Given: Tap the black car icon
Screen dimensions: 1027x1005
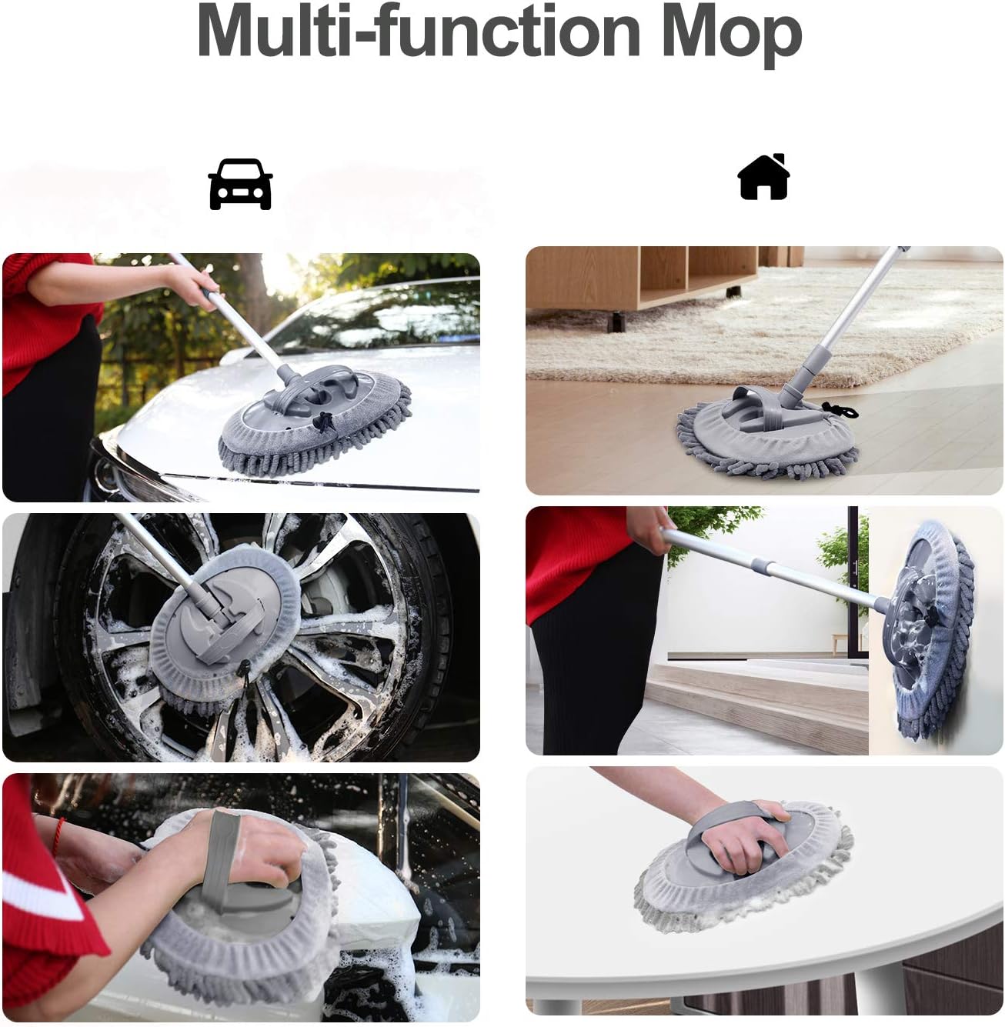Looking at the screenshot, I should click(240, 185).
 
